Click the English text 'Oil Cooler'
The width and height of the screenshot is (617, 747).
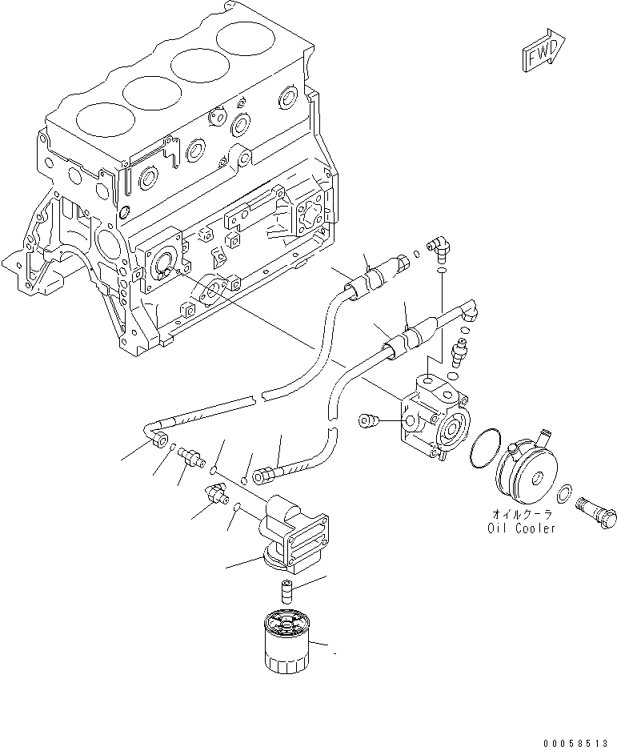click(520, 528)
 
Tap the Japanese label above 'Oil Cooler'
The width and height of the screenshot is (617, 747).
click(520, 515)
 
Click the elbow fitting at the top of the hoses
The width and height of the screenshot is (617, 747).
click(439, 247)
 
